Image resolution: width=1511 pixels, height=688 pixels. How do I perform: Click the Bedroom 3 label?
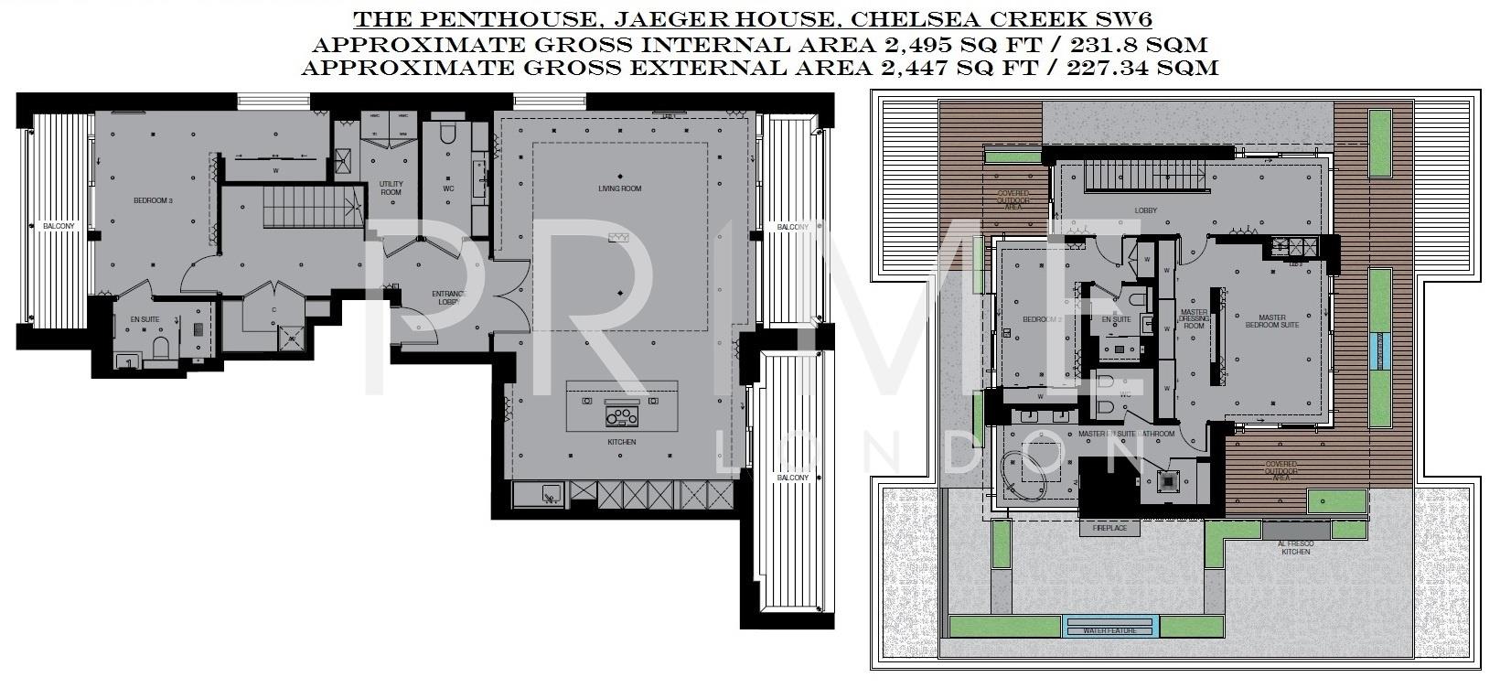(153, 199)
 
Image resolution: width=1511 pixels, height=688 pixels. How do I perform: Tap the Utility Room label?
(391, 188)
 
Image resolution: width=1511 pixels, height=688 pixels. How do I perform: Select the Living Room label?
(620, 189)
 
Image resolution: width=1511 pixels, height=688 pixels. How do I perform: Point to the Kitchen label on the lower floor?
(621, 442)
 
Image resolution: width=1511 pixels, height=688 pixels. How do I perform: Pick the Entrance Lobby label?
(448, 297)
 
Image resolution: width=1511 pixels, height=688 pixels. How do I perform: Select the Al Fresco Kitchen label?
(1294, 547)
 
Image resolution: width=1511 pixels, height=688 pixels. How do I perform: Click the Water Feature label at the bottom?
(1111, 630)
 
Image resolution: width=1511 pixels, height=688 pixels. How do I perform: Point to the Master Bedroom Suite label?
(1272, 321)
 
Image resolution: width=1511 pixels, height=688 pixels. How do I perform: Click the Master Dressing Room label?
(1195, 318)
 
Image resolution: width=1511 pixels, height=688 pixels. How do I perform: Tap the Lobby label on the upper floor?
(1145, 210)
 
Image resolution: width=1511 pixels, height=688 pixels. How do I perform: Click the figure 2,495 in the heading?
(913, 44)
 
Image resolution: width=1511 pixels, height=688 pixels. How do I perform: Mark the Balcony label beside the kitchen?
(792, 478)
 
